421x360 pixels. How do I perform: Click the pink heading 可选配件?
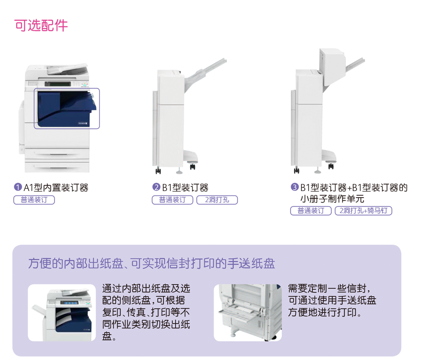[41, 26]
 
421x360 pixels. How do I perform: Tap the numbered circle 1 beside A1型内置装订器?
[18, 187]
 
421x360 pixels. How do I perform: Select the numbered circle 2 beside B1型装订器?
[156, 187]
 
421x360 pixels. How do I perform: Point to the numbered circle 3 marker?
[295, 187]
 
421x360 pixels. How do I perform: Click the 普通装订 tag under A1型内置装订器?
[34, 200]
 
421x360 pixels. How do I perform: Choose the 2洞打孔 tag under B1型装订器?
[217, 200]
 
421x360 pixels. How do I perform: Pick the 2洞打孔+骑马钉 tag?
[363, 210]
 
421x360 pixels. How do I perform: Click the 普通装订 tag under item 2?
[172, 200]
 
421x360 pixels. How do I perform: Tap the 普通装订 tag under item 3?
[310, 210]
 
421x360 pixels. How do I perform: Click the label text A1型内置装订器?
[56, 187]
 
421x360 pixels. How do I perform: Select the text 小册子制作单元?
[332, 199]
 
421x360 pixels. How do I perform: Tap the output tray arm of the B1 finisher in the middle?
[206, 73]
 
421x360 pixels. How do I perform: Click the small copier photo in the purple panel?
[62, 313]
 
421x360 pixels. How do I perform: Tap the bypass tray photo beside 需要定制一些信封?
[247, 313]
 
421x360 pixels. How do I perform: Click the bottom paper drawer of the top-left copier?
[57, 166]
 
